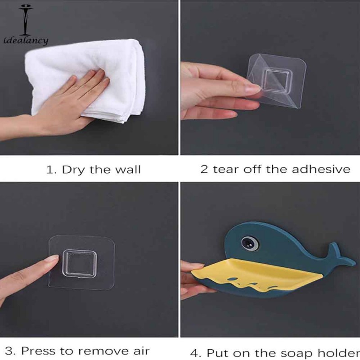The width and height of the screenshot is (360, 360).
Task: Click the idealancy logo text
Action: pos(25,41)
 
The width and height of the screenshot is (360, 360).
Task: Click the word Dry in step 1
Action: pos(72,170)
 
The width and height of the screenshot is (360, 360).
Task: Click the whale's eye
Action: pos(247,243)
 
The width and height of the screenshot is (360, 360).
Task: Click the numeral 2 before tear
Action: pos(204,169)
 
